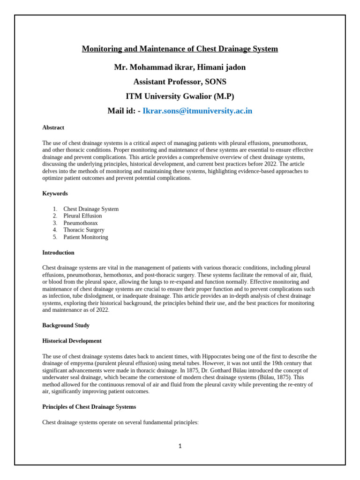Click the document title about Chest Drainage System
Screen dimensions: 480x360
pos(180,49)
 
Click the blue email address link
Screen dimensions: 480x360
pos(197,111)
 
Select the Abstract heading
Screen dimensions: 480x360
pos(53,127)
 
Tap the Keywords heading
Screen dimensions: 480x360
pos(55,193)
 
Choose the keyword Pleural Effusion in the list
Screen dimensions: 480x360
pos(82,216)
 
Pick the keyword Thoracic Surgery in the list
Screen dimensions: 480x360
pos(84,230)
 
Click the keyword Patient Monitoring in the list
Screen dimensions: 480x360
pos(86,237)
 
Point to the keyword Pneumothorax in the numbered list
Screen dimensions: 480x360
pos(81,223)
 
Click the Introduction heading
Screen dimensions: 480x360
pos(58,253)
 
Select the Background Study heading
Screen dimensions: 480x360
pos(66,325)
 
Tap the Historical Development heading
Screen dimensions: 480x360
pos(72,341)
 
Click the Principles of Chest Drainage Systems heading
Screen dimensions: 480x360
pos(89,406)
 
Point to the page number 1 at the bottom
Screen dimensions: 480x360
pos(180,446)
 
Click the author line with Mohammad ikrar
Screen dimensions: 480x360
pos(180,67)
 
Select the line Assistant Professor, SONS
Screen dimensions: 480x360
pos(180,82)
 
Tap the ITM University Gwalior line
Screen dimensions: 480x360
pos(180,97)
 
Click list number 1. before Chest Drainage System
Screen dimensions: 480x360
pos(55,209)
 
